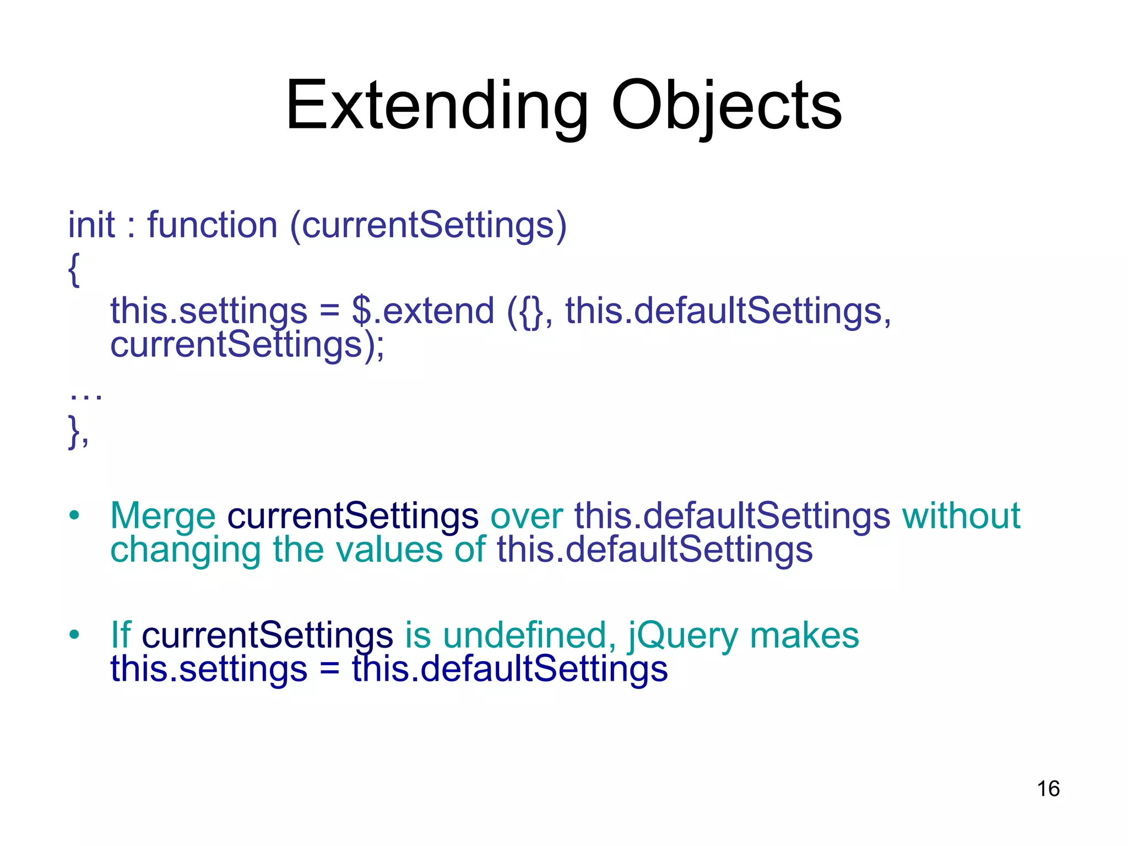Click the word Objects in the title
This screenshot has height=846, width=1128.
point(726,106)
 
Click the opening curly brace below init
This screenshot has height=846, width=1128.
point(74,269)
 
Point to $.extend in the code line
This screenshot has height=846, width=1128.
point(422,311)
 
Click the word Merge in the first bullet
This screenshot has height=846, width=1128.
point(163,516)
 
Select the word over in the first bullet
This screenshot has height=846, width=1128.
point(526,516)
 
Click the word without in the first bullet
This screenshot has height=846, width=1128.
point(961,516)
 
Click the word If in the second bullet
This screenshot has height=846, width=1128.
point(121,635)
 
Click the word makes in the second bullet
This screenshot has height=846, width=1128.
point(804,635)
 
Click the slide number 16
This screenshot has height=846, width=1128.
point(1048,789)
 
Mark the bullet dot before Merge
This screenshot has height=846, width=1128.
point(74,516)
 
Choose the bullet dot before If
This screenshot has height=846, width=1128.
point(74,635)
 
